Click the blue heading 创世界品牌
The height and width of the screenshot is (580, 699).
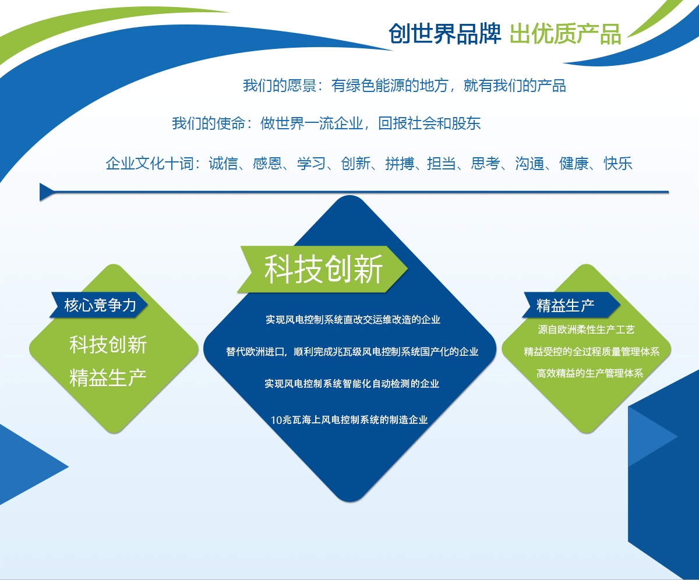coord(445,34)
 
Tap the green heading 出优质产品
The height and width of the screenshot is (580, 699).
coord(565,34)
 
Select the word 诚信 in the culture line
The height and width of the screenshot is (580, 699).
coord(223,163)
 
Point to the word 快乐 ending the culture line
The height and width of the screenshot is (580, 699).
coord(618,163)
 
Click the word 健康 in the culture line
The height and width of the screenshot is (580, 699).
coord(574,163)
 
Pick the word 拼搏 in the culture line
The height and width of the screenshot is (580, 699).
coord(400,163)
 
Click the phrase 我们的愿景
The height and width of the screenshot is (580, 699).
coord(280,86)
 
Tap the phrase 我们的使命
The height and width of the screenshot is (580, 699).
coord(209,123)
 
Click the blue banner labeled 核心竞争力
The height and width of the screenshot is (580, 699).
coord(99,305)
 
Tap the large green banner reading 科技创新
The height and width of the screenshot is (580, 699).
coord(322,269)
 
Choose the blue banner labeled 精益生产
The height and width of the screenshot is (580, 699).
coord(571,305)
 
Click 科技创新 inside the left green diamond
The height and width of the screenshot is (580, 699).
coord(108,345)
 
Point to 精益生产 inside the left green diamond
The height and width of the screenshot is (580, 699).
coord(108,378)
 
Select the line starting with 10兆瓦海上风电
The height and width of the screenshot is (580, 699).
coord(349,420)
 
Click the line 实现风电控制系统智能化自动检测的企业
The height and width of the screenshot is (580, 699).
coord(352,384)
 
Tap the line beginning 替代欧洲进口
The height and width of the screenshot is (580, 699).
coord(352,352)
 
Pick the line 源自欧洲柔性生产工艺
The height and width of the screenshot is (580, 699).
coord(586,330)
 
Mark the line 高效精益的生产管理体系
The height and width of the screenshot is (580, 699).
coord(590,373)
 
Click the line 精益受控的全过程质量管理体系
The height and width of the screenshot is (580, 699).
coord(592,352)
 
